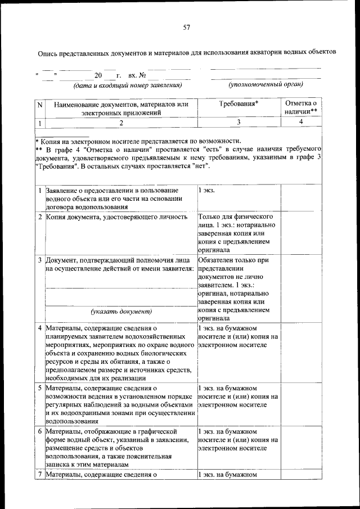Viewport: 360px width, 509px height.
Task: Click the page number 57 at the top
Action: tap(187, 28)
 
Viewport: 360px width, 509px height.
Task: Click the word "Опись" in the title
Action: tap(47, 52)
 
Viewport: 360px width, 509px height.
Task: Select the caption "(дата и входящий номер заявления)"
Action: tap(127, 85)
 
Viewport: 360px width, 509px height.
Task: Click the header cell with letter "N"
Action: tap(39, 104)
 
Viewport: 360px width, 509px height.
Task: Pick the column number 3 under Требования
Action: tap(238, 121)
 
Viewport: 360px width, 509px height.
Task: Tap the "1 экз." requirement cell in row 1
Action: tap(206, 191)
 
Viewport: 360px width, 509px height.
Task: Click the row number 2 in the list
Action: tap(40, 217)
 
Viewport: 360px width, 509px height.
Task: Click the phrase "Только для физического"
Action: tap(236, 217)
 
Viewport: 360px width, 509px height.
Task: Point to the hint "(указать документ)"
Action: tap(121, 311)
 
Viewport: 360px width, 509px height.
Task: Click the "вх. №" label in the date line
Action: tap(137, 75)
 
